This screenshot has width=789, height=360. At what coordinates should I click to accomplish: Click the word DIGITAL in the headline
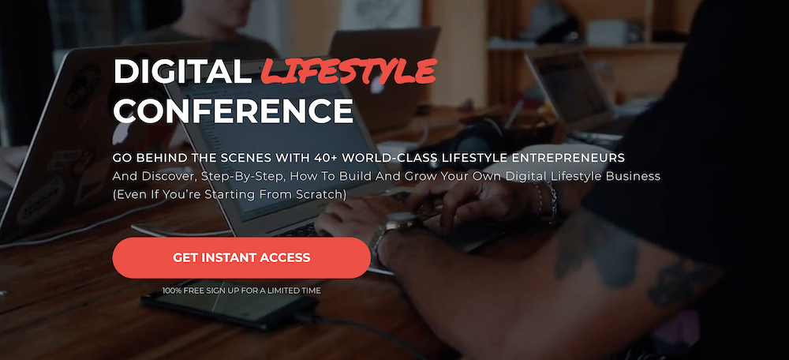click(x=182, y=72)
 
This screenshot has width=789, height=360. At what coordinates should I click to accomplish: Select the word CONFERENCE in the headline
click(x=233, y=111)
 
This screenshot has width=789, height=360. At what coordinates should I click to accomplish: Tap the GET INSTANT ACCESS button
click(x=241, y=258)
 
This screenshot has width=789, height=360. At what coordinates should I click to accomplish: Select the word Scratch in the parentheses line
click(x=323, y=194)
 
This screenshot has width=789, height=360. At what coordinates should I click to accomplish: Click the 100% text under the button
click(x=171, y=291)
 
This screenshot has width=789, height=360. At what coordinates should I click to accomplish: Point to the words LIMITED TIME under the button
click(x=299, y=291)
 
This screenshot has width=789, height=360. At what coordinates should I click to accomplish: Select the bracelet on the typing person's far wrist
click(x=548, y=201)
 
